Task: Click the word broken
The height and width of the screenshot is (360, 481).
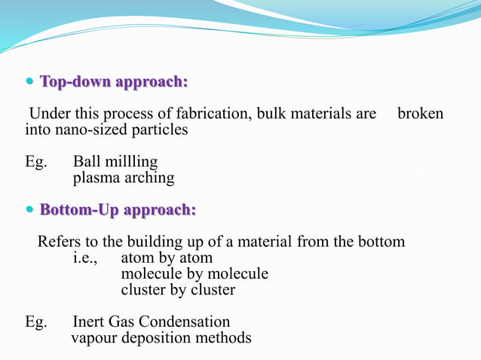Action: [x=420, y=114]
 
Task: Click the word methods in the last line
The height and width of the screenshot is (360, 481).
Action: [x=224, y=337]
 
